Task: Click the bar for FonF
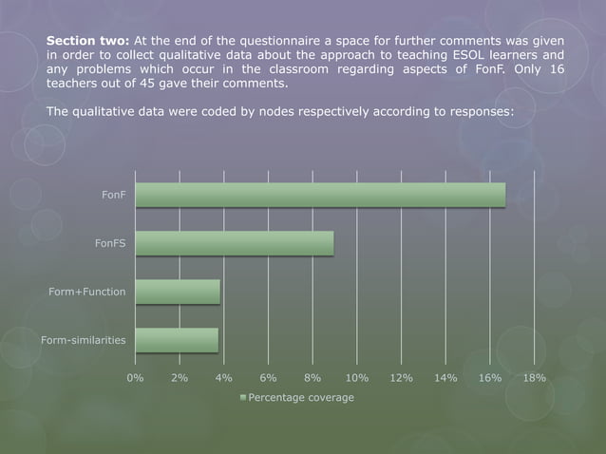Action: [x=320, y=195]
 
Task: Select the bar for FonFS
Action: [x=234, y=243]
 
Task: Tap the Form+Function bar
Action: [x=178, y=292]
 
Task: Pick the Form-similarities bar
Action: [x=177, y=340]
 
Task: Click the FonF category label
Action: [x=114, y=195]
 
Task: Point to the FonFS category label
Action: [x=110, y=243]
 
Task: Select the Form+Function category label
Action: [x=87, y=292]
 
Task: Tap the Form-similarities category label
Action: [x=83, y=340]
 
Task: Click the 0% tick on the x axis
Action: [x=136, y=377]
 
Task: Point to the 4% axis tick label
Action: [x=224, y=377]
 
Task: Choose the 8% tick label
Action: [x=312, y=377]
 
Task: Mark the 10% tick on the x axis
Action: [x=357, y=377]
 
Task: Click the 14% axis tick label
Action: [x=445, y=377]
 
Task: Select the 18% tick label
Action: [x=534, y=377]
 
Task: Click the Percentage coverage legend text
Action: [x=301, y=397]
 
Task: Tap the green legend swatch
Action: [x=243, y=397]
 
